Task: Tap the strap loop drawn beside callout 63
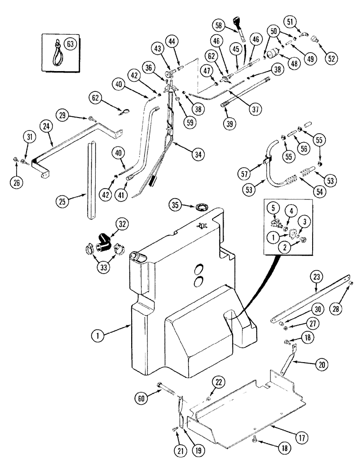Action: click(x=54, y=49)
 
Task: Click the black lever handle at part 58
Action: click(x=237, y=23)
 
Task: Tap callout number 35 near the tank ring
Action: click(x=175, y=205)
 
